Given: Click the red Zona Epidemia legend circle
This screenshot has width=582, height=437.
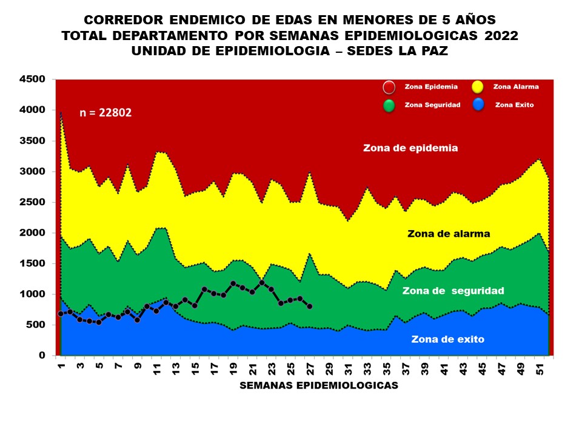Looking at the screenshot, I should [x=389, y=87].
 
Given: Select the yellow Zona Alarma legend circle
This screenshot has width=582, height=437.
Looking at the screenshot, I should [x=477, y=87].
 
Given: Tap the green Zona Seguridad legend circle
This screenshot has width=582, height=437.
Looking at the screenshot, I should [x=389, y=106].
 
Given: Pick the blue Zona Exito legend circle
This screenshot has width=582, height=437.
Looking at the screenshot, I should [x=477, y=106].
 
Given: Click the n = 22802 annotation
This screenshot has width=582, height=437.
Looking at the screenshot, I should [x=105, y=112].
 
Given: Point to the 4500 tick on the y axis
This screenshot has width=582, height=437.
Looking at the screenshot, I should [x=32, y=80].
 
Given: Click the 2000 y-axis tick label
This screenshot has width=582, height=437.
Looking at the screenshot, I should [x=32, y=233].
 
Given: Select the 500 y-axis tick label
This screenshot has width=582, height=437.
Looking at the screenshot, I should [x=36, y=325].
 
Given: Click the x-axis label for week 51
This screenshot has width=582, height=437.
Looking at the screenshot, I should [x=539, y=370].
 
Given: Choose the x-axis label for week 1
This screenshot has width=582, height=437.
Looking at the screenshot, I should [x=62, y=367].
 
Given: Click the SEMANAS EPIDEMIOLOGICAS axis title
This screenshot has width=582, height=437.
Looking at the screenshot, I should [x=319, y=385].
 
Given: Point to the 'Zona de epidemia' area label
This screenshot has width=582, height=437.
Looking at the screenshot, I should [x=410, y=147].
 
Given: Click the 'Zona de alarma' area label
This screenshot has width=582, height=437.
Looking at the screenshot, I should [x=449, y=233].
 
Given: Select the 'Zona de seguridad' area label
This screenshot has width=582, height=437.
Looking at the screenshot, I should [x=453, y=291].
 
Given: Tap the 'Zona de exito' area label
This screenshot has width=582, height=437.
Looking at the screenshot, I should [x=447, y=339].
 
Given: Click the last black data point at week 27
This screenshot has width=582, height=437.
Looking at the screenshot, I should [x=310, y=307].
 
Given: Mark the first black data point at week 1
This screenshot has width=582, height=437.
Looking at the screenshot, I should [x=61, y=314].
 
